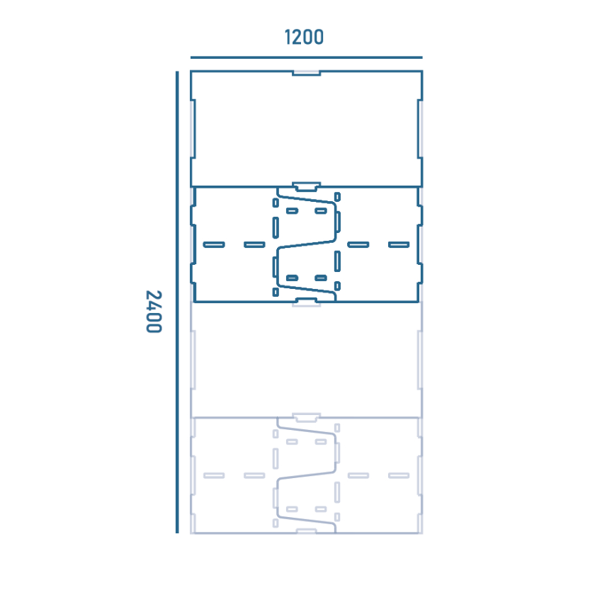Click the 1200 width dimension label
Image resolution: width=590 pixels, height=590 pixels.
(x=304, y=38)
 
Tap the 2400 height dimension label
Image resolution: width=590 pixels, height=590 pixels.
(x=154, y=312)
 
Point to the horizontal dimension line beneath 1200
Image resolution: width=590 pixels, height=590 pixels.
(x=306, y=57)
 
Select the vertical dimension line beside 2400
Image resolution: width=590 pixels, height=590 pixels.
(x=177, y=302)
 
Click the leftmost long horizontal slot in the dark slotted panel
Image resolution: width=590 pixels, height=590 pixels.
(x=214, y=244)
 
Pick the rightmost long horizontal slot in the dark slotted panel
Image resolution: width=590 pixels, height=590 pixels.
(x=399, y=244)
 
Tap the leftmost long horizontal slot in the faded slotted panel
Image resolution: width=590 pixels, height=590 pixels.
(x=214, y=476)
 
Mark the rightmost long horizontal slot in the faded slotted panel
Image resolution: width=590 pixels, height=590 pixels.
(x=399, y=476)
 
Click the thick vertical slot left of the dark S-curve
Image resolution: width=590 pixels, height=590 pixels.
(x=276, y=227)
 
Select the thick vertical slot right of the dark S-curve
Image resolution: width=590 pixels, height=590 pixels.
(x=338, y=261)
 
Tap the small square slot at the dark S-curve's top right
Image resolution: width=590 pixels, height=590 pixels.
(x=338, y=197)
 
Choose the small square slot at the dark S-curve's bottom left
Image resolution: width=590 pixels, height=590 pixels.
(x=276, y=292)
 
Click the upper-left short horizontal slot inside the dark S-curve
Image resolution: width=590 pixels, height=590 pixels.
(x=292, y=211)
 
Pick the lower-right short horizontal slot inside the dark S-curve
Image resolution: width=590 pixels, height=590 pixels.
(x=321, y=278)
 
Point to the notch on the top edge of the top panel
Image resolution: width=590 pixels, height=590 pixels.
(x=306, y=73)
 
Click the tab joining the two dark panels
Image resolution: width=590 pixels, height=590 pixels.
(x=306, y=187)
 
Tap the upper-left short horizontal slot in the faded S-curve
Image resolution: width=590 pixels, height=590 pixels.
(x=292, y=442)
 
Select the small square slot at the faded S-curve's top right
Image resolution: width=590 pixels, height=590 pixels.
(x=338, y=428)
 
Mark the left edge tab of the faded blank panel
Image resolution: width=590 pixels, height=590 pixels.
(x=193, y=360)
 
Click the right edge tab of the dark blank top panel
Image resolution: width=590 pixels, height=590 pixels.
(x=420, y=129)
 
